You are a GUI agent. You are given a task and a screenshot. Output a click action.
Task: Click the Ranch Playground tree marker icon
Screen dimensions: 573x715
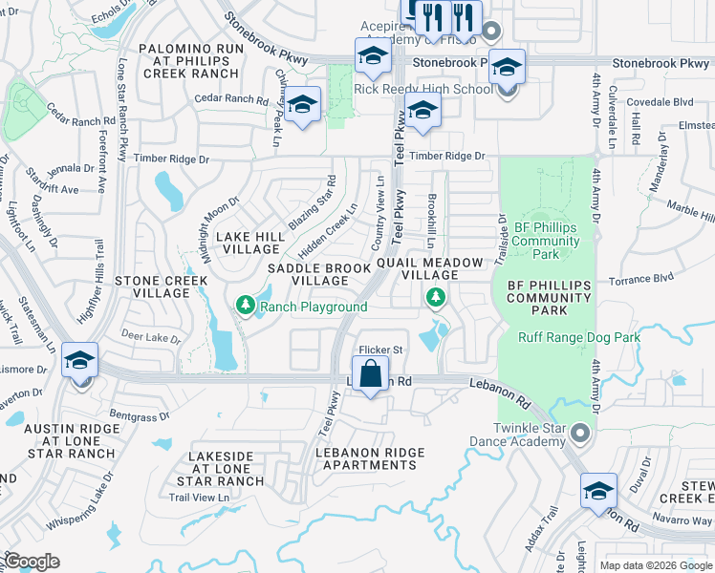[246, 305]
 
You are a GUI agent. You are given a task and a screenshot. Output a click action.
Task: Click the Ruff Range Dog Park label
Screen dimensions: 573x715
[579, 337]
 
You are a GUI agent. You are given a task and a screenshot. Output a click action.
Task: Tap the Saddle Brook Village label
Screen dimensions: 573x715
[319, 275]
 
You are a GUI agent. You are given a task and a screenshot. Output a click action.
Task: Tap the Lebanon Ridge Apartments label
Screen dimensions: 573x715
[370, 458]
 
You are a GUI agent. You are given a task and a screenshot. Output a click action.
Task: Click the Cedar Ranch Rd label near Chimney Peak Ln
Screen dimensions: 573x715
[230, 98]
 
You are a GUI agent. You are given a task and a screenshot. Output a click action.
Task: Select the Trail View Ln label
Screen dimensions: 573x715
[199, 497]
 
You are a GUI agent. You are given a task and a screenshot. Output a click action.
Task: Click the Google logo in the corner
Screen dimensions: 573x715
[32, 562]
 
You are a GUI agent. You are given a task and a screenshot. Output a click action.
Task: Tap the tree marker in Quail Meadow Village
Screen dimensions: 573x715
[436, 298]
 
